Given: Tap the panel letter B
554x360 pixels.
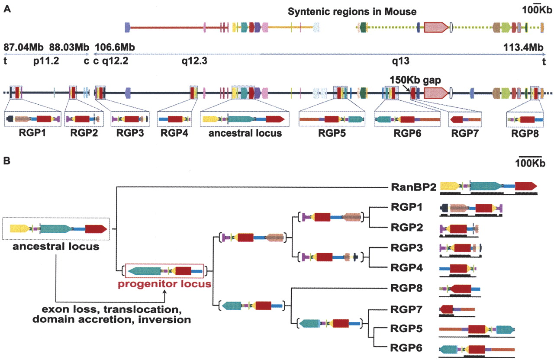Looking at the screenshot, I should (7, 161).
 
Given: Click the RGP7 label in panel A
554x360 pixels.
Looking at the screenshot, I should (464, 133).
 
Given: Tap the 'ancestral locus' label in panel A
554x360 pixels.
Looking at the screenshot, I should (245, 133).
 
